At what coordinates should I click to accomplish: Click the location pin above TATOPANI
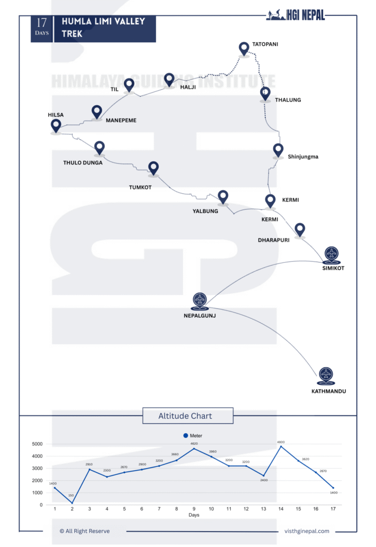[244, 49]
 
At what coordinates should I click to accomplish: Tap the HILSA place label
[56, 115]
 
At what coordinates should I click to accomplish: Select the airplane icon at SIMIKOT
[332, 254]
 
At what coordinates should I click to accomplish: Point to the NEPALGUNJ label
[200, 315]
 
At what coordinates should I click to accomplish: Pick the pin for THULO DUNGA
[99, 147]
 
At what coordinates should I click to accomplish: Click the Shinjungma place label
[303, 157]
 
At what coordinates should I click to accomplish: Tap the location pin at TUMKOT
[153, 168]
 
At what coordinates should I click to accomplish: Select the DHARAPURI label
[273, 240]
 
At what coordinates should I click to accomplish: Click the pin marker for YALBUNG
[223, 197]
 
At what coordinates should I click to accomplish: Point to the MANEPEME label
[121, 120]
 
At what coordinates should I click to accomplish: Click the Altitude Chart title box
[185, 416]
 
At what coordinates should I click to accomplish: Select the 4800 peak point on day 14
[280, 447]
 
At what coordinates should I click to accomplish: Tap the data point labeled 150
[72, 503]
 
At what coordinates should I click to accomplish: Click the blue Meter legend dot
[185, 435]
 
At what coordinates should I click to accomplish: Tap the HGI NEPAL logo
[295, 15]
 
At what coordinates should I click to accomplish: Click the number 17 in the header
[42, 22]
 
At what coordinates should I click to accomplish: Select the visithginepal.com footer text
[307, 531]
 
